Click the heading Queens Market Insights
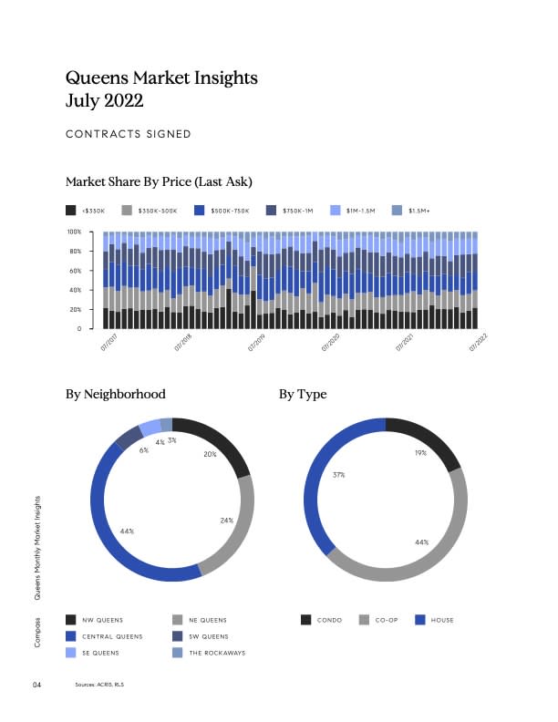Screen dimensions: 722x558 tap(162, 77)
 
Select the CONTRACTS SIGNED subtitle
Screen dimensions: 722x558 tap(129, 134)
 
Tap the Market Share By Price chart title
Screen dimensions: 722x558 tap(159, 180)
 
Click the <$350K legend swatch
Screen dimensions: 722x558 tap(71, 211)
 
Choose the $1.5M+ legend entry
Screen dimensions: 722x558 tap(418, 211)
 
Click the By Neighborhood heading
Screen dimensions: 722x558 tap(116, 395)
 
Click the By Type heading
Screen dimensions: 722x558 tap(303, 395)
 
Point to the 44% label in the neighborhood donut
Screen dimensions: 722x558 tap(128, 531)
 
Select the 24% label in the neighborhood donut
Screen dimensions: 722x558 tap(226, 520)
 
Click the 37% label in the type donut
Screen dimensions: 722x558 tap(338, 475)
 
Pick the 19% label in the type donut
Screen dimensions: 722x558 tap(420, 452)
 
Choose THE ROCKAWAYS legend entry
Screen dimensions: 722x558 tap(217, 653)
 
